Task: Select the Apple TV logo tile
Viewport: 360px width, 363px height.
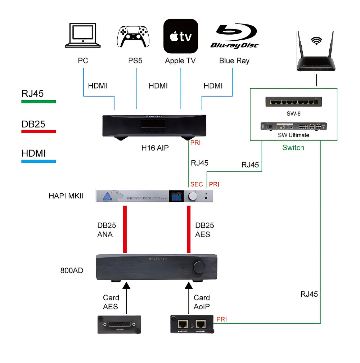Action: (181, 36)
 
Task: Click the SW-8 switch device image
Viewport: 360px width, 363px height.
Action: (293, 102)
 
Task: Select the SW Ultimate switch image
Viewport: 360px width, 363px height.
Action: (293, 126)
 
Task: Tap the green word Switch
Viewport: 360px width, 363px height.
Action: (293, 148)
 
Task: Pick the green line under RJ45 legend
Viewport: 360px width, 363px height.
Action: (39, 102)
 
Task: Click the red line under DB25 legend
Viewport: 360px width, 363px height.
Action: (39, 132)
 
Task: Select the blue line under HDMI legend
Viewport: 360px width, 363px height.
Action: (39, 161)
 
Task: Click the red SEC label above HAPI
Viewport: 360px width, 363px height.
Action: (197, 184)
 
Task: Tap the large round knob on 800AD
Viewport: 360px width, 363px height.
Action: (199, 267)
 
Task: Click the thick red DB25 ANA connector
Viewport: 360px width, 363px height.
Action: (125, 229)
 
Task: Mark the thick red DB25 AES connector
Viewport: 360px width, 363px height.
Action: (188, 229)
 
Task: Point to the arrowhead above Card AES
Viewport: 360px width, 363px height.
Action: (126, 286)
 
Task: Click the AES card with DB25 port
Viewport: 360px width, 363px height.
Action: (119, 324)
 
